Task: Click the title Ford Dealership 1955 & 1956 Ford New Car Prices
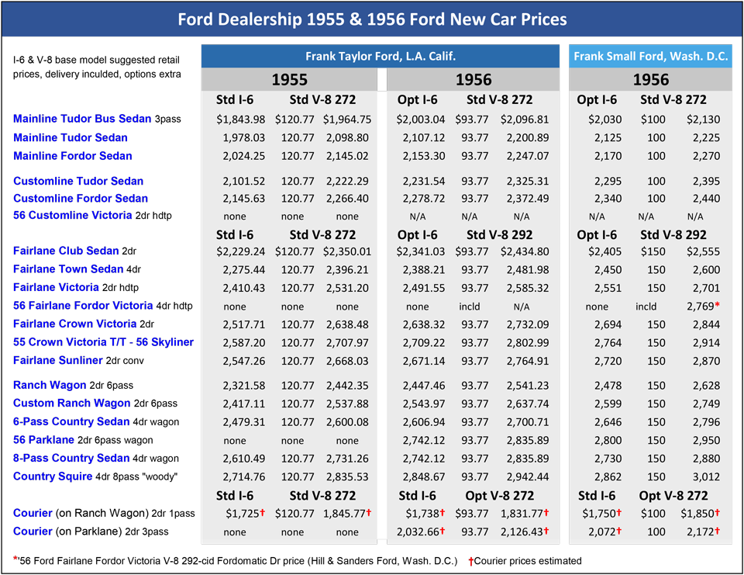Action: [372, 19]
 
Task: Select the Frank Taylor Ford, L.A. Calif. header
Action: [380, 57]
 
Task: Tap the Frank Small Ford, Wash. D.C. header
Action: [651, 57]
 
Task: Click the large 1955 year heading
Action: [288, 80]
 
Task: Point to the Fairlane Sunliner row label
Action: [58, 360]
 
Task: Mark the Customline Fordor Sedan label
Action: [81, 198]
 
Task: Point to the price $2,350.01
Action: [347, 251]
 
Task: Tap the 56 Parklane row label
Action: [43, 440]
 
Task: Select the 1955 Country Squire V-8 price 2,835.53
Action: [347, 476]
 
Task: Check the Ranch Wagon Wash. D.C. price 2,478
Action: [608, 386]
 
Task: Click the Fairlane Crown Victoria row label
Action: [74, 324]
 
